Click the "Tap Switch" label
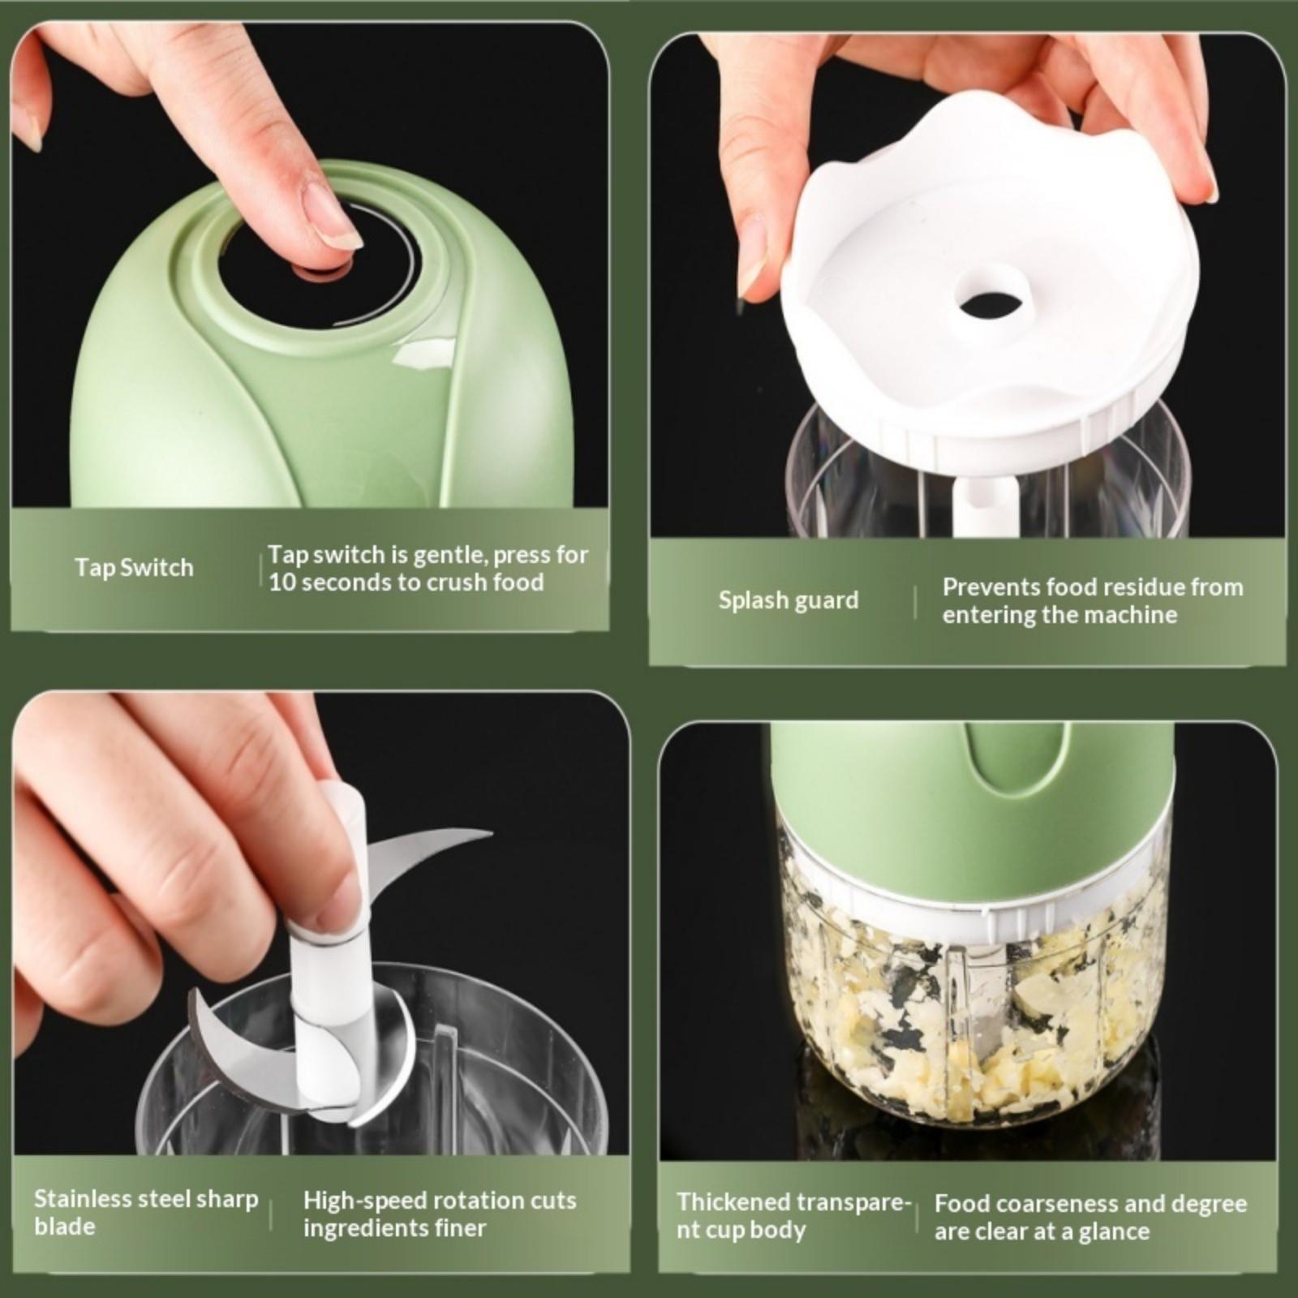point(134,567)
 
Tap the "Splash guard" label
point(788,600)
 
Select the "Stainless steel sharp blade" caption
point(146,1212)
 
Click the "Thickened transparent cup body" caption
point(794,1215)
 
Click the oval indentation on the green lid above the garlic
point(1004,761)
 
